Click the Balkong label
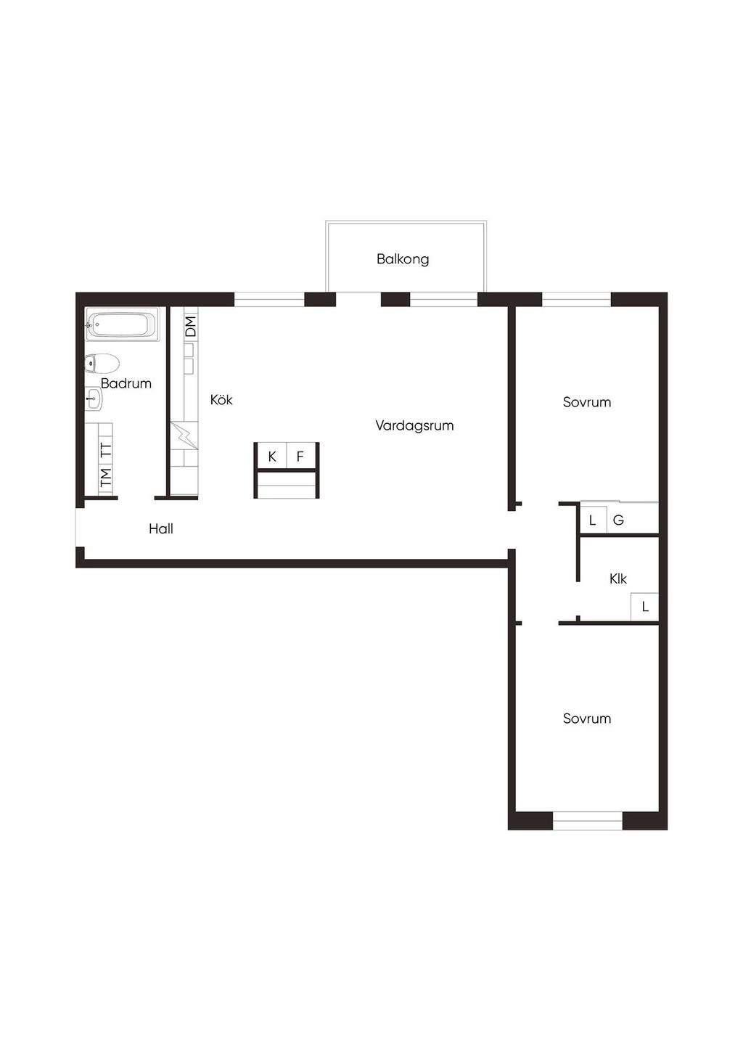pyautogui.click(x=403, y=259)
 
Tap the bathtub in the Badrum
pyautogui.click(x=123, y=324)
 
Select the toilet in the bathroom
pyautogui.click(x=102, y=363)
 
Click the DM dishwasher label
pyautogui.click(x=191, y=326)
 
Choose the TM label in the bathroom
pyautogui.click(x=106, y=477)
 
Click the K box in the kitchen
pyautogui.click(x=271, y=456)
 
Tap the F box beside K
pyautogui.click(x=300, y=456)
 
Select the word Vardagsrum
pyautogui.click(x=414, y=426)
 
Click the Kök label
pyautogui.click(x=221, y=400)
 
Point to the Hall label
pyautogui.click(x=161, y=529)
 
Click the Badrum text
pyautogui.click(x=126, y=383)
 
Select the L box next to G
pyautogui.click(x=593, y=520)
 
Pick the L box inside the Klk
pyautogui.click(x=645, y=607)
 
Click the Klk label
pyautogui.click(x=617, y=579)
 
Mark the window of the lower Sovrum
pyautogui.click(x=587, y=821)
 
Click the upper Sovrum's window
pyautogui.click(x=577, y=299)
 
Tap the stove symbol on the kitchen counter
pyautogui.click(x=184, y=436)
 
